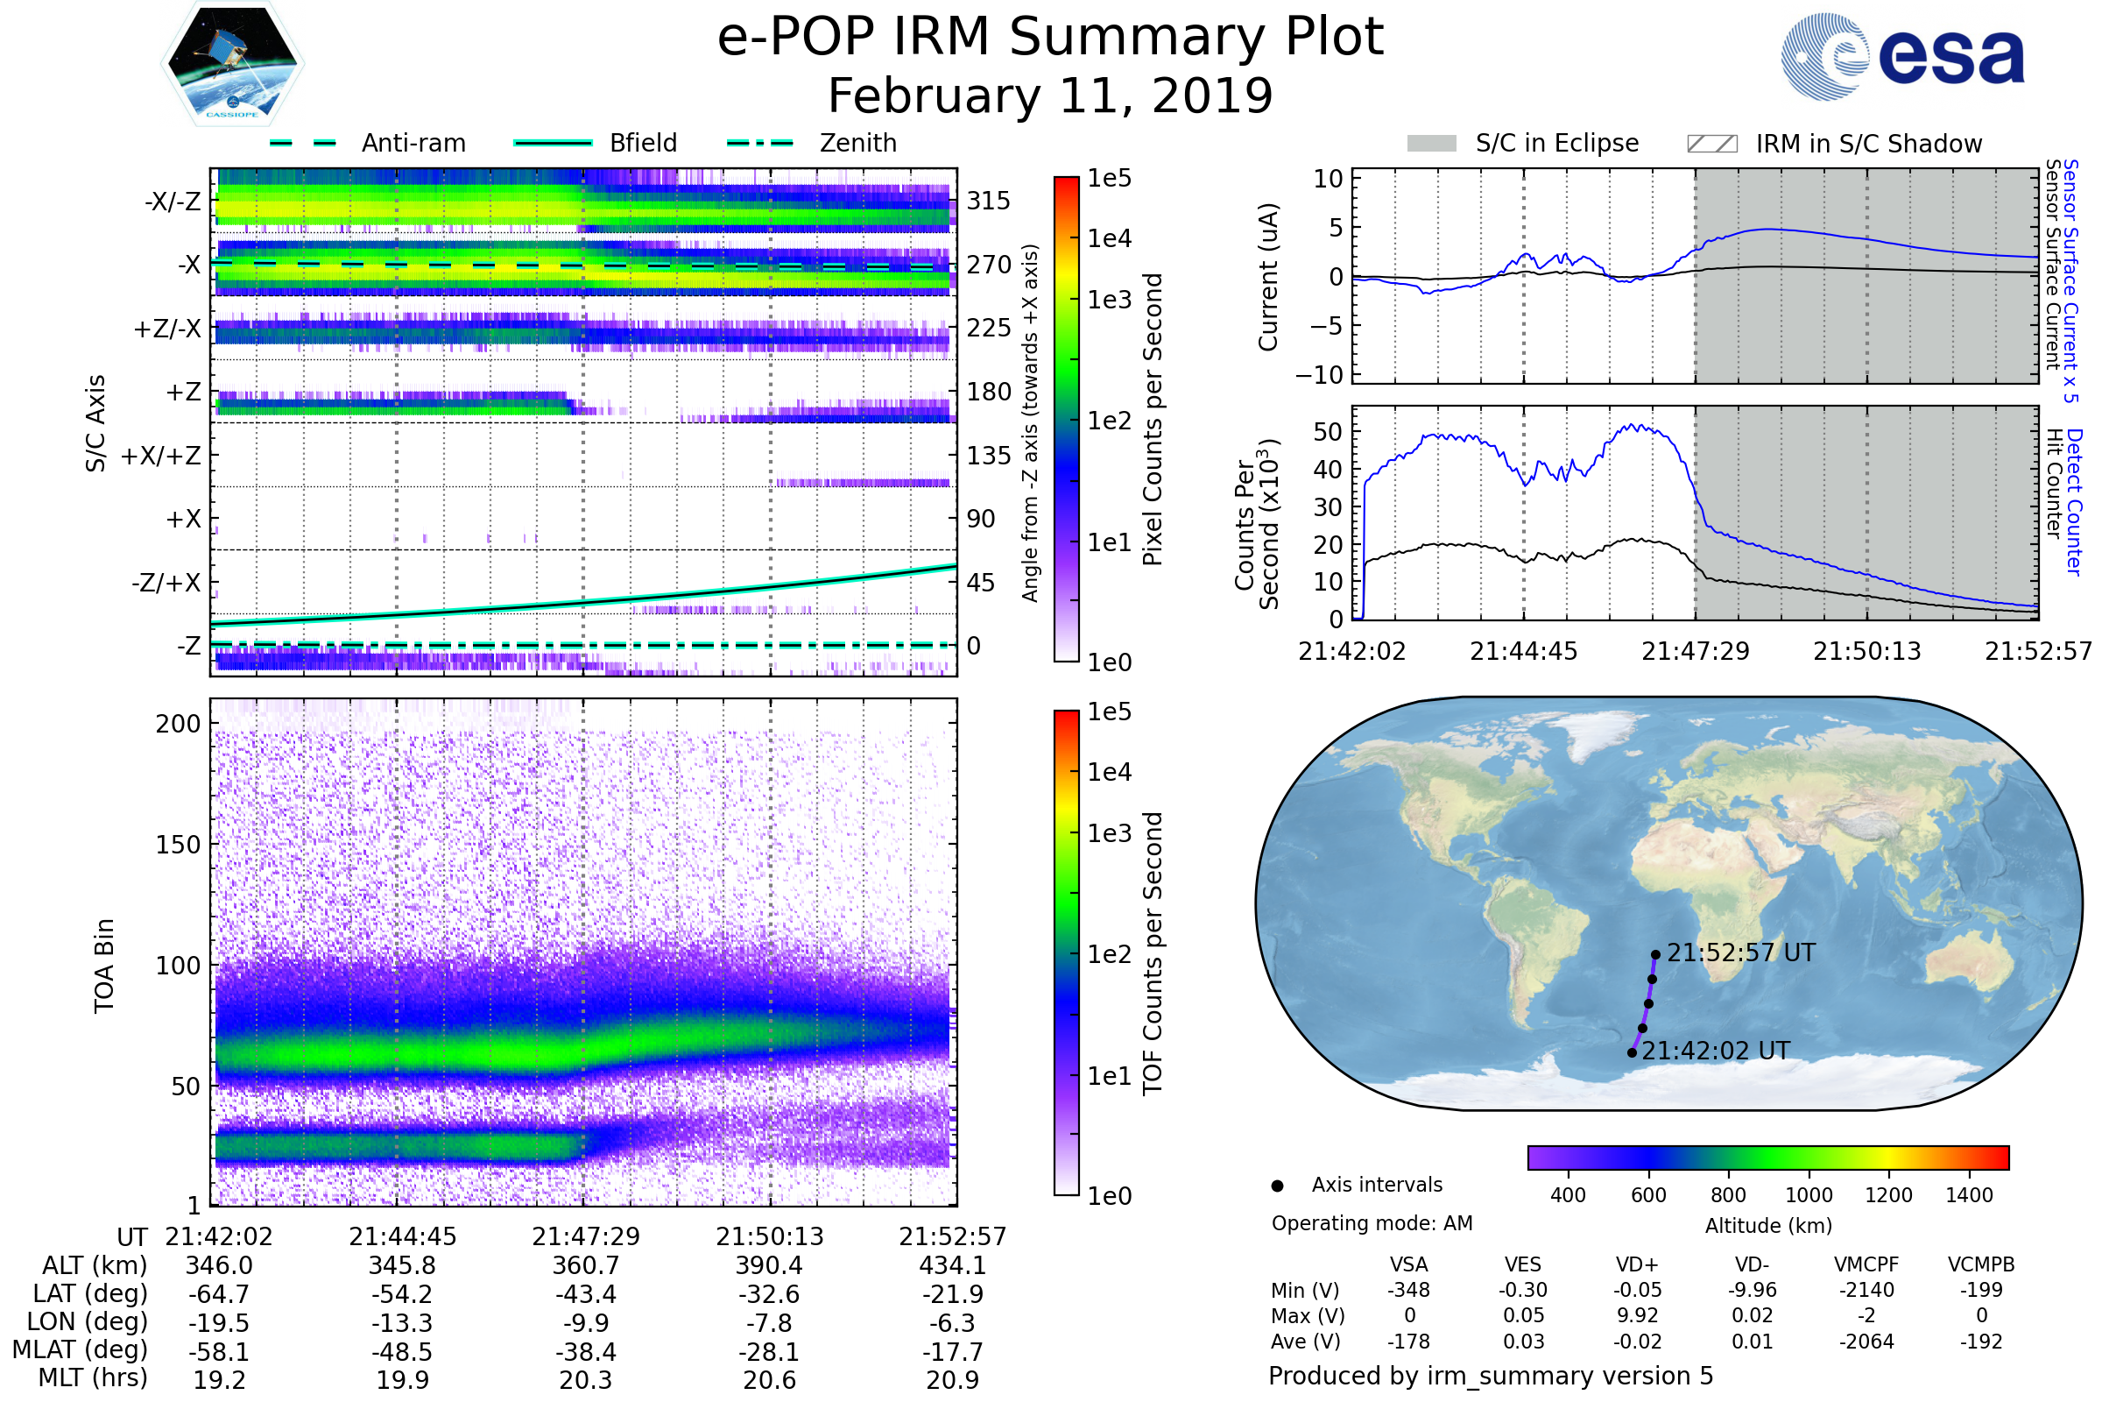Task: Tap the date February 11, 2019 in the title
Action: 1050,96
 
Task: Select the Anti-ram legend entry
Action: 413,143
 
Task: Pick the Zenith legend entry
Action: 858,143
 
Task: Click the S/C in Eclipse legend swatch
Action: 1431,144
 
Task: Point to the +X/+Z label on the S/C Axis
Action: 161,456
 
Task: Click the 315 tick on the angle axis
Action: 989,201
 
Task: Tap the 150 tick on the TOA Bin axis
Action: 178,845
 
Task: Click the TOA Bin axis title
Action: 104,965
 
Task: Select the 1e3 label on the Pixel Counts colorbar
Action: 1109,300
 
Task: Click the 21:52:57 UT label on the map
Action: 1741,953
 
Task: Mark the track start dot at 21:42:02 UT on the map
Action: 1632,1052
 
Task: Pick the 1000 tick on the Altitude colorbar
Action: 1809,1195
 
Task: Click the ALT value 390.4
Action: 769,1265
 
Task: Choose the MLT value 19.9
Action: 402,1379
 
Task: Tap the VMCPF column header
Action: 1866,1264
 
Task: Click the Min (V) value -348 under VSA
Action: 1408,1290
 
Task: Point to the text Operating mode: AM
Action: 1372,1223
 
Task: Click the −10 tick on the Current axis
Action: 1319,375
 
